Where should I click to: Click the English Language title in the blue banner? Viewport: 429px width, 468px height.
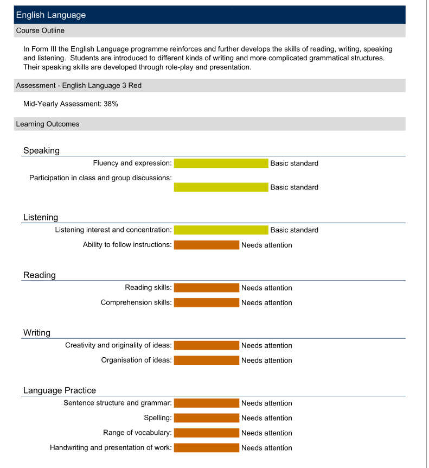(x=51, y=15)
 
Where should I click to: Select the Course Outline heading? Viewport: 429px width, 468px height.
(x=40, y=30)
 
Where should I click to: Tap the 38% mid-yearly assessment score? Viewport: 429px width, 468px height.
(x=111, y=104)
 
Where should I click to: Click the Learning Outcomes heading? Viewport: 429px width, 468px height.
(x=48, y=124)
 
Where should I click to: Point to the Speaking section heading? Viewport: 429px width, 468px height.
(x=41, y=150)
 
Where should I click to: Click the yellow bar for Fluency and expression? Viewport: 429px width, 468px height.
(x=221, y=163)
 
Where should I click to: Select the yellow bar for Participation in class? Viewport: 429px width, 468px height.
(x=221, y=187)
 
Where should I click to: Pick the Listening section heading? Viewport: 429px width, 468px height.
(x=41, y=217)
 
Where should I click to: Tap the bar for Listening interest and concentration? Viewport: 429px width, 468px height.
(x=221, y=230)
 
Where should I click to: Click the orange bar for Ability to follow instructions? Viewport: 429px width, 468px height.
(x=206, y=245)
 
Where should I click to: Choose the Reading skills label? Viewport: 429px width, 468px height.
(x=148, y=288)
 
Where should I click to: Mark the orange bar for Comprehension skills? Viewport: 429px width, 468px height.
(x=206, y=303)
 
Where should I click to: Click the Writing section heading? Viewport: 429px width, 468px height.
(x=37, y=333)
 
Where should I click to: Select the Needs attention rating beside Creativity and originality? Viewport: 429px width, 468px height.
(x=266, y=346)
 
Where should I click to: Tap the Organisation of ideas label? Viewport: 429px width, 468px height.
(x=136, y=361)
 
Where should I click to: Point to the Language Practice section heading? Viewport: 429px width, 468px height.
(x=60, y=390)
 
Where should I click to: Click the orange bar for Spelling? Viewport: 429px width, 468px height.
(x=206, y=418)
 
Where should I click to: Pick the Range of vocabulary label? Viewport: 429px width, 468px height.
(x=137, y=433)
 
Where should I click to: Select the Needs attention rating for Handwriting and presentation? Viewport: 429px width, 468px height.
(x=266, y=448)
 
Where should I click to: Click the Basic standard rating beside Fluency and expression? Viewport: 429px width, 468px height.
(x=294, y=163)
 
